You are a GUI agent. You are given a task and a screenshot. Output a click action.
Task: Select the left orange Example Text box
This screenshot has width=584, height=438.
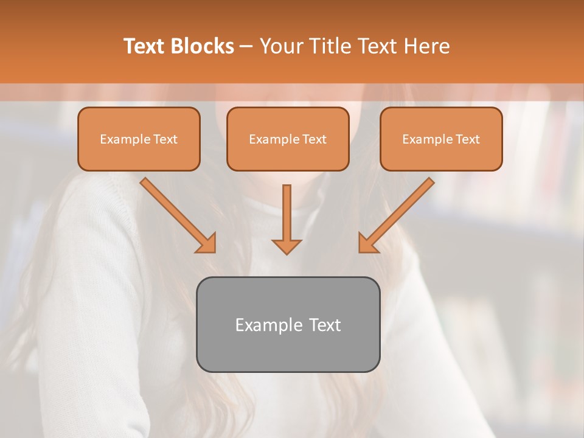point(139,139)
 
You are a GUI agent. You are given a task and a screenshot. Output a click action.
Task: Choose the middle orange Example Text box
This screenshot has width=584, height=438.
point(288,139)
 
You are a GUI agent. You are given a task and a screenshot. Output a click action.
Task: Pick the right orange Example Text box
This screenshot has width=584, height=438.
point(441,139)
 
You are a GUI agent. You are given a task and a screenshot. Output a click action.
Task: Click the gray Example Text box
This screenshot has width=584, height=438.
point(288,324)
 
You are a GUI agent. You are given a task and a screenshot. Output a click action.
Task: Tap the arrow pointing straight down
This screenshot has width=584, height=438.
point(287,219)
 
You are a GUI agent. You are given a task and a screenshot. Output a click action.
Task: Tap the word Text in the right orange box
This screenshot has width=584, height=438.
point(468,139)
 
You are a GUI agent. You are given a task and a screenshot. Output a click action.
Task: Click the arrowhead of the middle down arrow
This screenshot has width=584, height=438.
point(287,246)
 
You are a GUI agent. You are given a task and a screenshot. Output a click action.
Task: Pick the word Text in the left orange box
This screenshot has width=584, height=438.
point(165,139)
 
